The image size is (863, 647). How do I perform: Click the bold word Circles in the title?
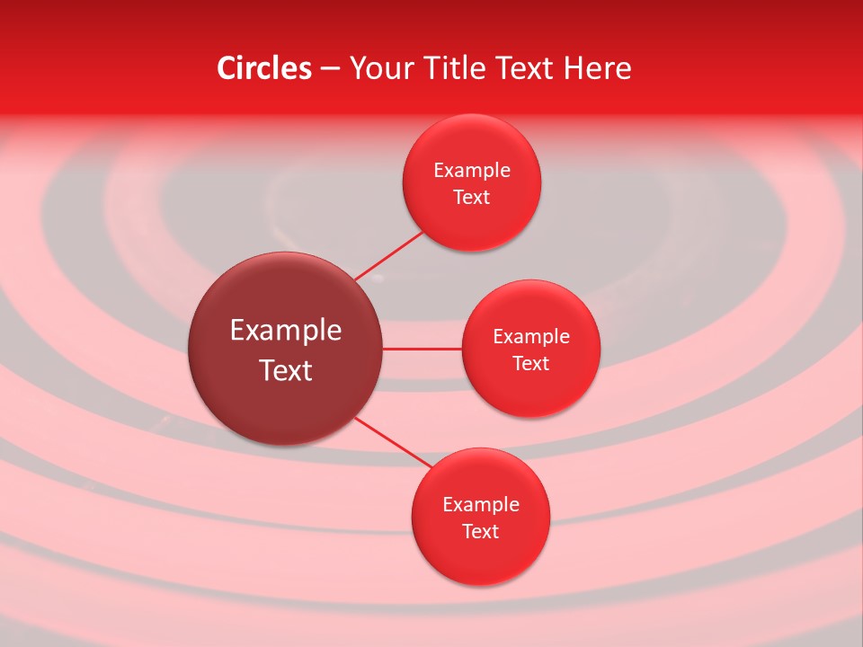[x=263, y=68]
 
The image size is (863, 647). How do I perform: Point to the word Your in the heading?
[x=378, y=68]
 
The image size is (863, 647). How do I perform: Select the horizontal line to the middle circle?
[x=423, y=349]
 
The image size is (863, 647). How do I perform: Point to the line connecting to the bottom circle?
[x=393, y=442]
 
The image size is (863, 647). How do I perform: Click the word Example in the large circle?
[x=286, y=331]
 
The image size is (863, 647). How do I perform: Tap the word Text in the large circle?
[x=286, y=370]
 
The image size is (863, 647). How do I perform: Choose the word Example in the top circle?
[x=472, y=171]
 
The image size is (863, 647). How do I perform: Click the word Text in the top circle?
[x=472, y=198]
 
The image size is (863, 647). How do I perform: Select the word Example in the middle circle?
[x=531, y=337]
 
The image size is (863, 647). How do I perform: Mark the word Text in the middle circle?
[x=531, y=364]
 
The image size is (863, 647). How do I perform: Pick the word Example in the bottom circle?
[x=481, y=505]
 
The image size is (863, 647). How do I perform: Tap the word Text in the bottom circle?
[x=481, y=532]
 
